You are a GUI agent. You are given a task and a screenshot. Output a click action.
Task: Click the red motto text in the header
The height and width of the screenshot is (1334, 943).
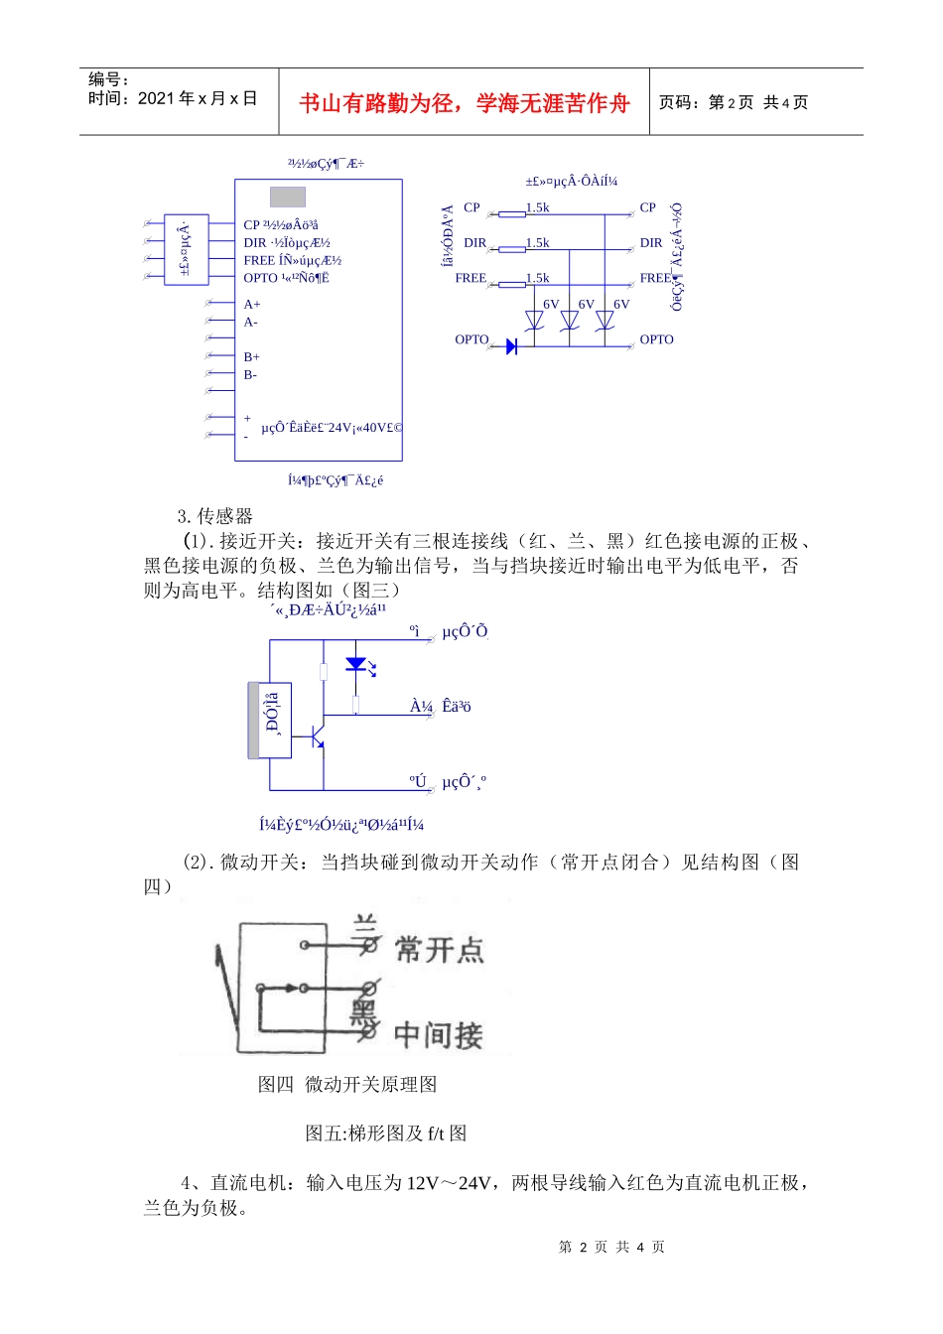click(x=464, y=103)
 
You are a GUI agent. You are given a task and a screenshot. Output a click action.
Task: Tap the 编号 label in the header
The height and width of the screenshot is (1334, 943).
click(x=108, y=79)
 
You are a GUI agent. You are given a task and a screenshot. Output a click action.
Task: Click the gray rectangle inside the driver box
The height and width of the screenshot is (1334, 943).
click(x=288, y=197)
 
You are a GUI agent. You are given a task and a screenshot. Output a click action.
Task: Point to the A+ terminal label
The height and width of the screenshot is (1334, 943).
click(x=252, y=305)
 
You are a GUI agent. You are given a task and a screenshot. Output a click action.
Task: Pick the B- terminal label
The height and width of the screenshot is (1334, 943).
click(x=250, y=375)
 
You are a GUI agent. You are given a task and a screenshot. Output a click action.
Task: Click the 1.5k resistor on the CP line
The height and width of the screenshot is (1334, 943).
click(x=512, y=213)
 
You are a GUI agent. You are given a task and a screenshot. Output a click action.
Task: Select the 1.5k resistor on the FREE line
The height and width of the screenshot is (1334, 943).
click(x=512, y=284)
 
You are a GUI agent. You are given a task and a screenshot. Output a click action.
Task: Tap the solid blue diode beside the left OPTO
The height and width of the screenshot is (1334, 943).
click(x=512, y=346)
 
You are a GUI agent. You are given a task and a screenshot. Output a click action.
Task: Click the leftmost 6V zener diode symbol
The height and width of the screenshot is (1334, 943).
click(x=534, y=321)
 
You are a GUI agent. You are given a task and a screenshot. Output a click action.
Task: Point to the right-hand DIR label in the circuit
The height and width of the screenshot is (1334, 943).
click(x=651, y=243)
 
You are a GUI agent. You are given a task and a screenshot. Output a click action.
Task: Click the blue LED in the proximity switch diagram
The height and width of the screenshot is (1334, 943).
click(x=356, y=664)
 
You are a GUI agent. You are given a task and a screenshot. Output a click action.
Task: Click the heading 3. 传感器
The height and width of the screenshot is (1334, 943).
click(x=215, y=516)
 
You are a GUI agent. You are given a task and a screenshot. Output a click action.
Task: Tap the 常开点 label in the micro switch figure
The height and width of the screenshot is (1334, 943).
click(x=439, y=950)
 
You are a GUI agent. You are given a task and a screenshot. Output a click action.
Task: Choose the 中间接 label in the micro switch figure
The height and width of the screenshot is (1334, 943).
click(x=438, y=1035)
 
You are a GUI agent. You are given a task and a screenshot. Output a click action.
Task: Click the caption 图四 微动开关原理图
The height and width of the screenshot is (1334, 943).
click(x=347, y=1085)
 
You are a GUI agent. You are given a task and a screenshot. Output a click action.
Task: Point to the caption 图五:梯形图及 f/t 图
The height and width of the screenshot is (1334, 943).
click(x=386, y=1134)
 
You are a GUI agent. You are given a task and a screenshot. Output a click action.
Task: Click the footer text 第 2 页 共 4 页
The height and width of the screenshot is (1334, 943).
click(x=611, y=1248)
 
